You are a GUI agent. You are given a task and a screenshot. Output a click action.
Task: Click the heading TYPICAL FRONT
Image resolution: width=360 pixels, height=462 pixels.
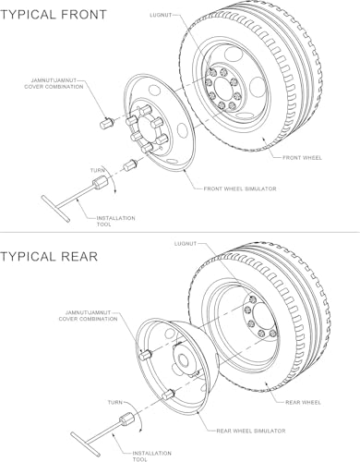coord(54,15)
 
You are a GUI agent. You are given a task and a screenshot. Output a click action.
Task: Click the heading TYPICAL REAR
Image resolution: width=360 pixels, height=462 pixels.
coord(49,257)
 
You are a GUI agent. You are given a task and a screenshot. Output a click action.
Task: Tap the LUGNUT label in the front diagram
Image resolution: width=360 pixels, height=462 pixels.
coord(161,15)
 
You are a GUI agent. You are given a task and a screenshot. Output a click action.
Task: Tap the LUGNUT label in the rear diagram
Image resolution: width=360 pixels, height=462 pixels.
coord(186,244)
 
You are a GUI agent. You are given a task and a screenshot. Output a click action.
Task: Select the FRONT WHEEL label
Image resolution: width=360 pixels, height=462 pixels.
coord(302,158)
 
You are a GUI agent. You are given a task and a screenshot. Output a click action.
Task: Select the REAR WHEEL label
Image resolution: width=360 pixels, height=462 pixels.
coord(303,402)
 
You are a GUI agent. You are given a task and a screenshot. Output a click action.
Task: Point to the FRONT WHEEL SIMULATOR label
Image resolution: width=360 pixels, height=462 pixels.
coord(240,188)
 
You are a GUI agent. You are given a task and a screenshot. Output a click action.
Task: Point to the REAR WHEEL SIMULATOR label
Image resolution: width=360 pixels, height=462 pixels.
coord(251,431)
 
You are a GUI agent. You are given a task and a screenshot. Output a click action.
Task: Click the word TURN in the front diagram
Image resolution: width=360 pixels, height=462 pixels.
coord(97,170)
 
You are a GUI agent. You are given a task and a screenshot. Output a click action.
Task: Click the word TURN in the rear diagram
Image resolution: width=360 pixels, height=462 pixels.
coord(115,402)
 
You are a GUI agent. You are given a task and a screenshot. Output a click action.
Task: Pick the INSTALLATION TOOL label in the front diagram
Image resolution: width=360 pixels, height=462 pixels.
coord(115,221)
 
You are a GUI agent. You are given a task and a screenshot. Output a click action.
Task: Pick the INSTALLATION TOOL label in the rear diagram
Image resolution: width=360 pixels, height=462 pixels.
coord(151,456)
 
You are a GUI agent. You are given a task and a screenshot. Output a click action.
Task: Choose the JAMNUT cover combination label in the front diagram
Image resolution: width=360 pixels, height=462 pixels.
coord(54,84)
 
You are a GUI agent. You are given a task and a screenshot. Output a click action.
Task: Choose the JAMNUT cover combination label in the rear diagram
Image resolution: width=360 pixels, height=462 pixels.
coord(89,316)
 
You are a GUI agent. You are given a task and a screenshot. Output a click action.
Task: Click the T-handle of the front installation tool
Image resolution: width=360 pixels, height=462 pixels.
coord(55,208)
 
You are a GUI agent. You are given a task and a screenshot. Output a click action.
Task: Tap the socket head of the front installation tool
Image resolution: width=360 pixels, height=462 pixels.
coord(100,181)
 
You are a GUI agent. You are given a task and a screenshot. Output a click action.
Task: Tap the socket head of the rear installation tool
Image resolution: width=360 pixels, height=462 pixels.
coord(126,419)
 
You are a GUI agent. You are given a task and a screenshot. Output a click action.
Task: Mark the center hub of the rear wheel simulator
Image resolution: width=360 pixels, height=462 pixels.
coord(184,359)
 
